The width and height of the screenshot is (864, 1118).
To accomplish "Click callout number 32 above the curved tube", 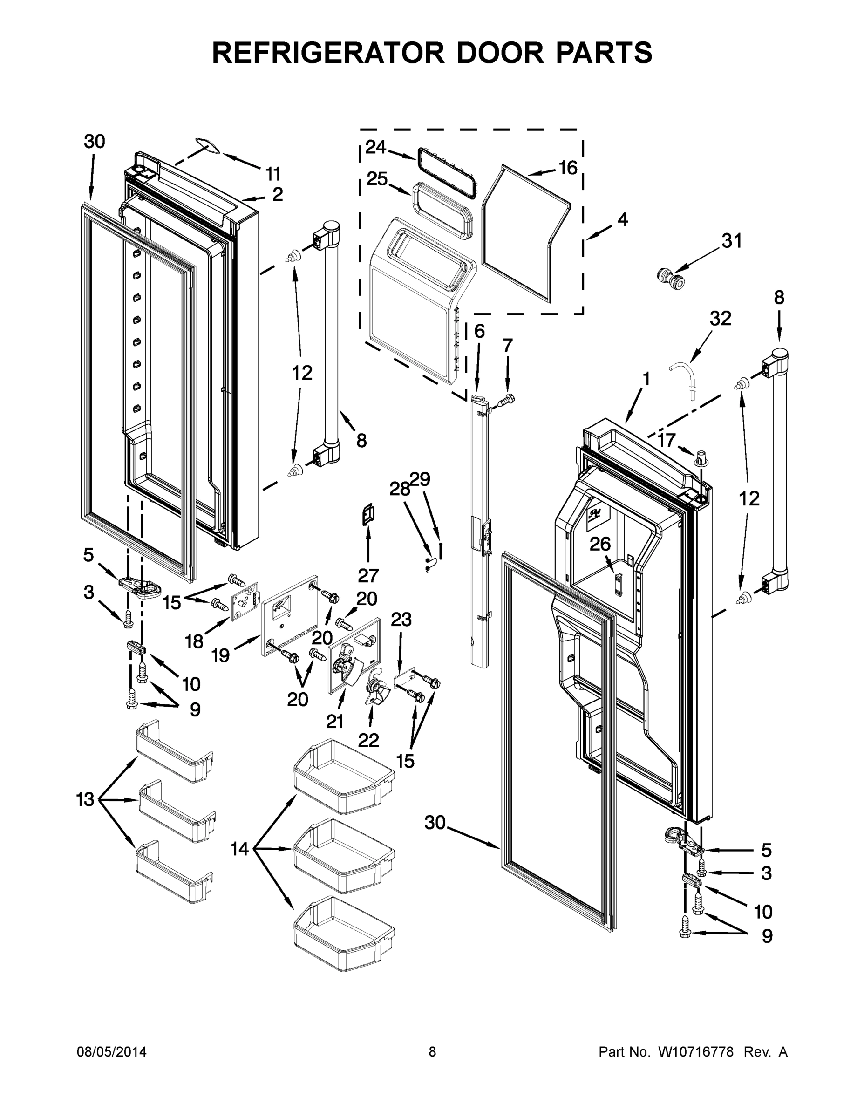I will coord(720,319).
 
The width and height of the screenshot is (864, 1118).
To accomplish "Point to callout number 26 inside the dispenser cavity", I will coord(600,544).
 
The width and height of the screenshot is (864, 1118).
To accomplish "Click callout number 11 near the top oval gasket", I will coord(273,174).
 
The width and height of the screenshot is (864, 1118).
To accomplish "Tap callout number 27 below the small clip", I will coord(368,576).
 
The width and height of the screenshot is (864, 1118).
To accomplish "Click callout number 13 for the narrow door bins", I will coord(86,799).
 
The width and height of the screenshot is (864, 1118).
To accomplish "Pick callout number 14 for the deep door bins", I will coord(239,849).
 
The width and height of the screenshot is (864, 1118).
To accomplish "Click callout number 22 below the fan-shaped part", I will coord(368,740).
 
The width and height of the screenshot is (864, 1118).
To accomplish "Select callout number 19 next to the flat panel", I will coord(221,656).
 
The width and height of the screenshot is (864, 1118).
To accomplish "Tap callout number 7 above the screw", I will coord(507,346).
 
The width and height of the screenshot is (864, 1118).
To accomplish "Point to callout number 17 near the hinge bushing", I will coord(667,439).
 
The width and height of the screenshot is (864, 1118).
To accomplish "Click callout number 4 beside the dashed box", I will coord(622,219).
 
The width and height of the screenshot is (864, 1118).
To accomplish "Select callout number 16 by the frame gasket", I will coord(568,167).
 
